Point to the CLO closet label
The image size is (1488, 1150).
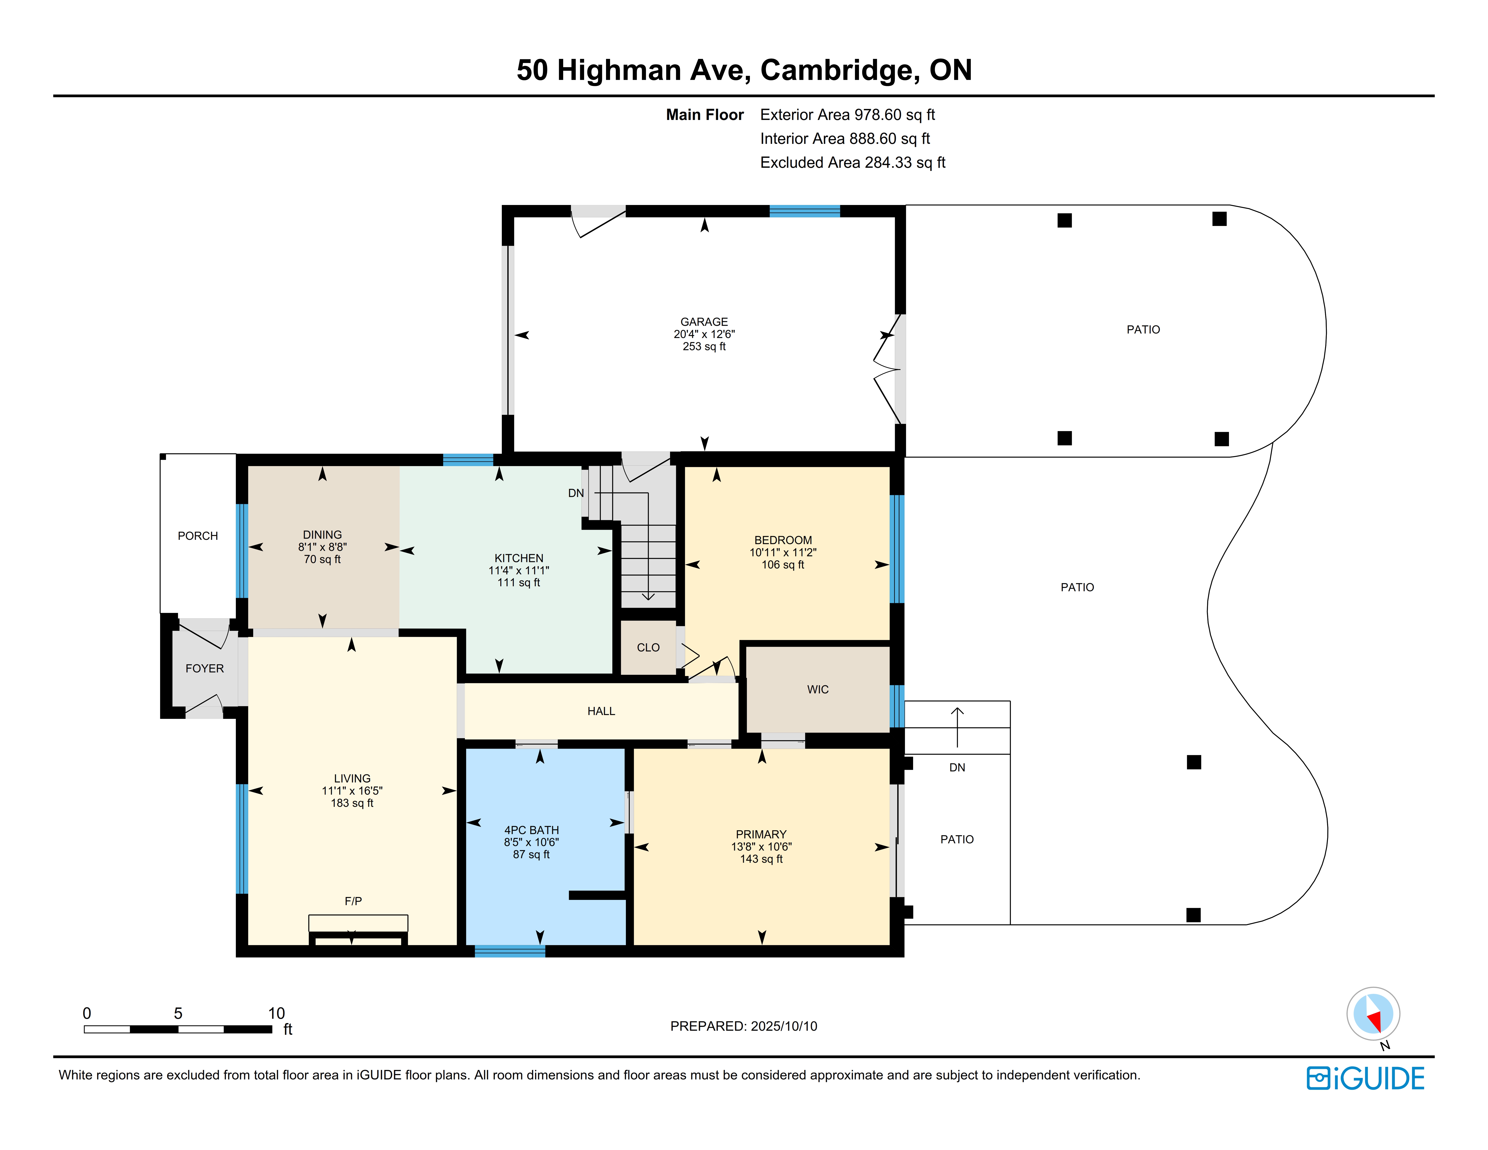(648, 647)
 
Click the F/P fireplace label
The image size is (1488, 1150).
(353, 901)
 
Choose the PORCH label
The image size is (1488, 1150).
(197, 536)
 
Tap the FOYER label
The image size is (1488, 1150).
(204, 668)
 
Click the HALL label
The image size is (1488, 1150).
(601, 711)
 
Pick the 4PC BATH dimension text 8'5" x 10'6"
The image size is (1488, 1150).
(531, 842)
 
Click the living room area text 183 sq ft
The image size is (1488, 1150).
(352, 803)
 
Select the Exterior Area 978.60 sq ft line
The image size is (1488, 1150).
(847, 115)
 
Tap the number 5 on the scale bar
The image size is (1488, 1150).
(178, 1013)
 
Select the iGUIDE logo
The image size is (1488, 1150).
(1365, 1079)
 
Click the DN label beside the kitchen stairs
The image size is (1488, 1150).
(576, 492)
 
